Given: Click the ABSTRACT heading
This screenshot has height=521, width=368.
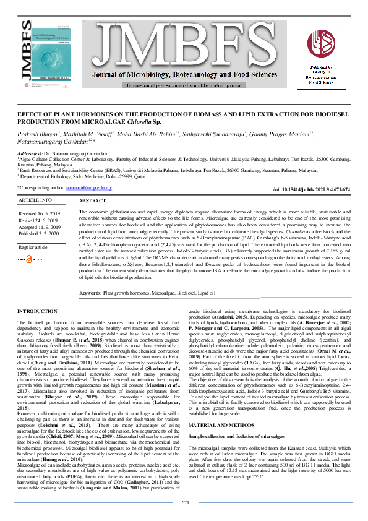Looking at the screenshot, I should click(93, 202).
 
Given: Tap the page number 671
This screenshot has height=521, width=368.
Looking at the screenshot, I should click(184, 502).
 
